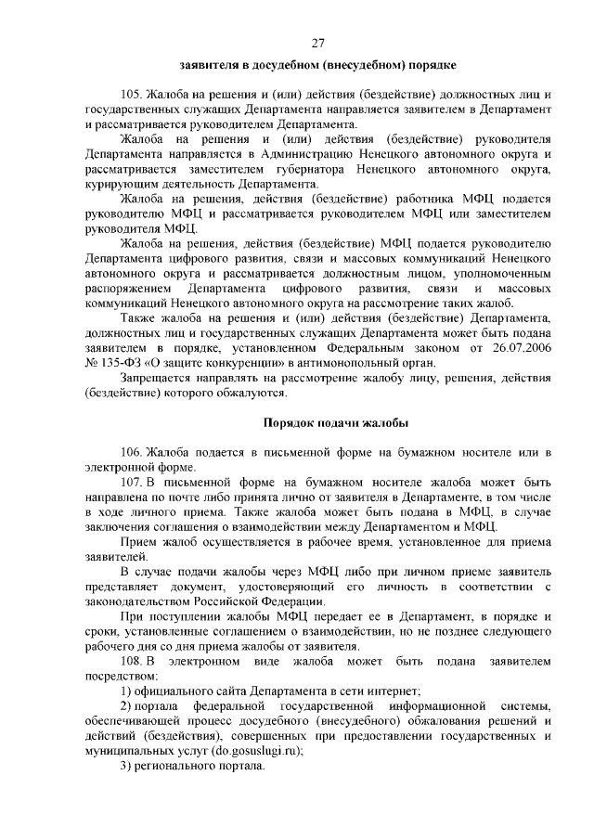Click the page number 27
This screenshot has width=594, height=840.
(x=317, y=43)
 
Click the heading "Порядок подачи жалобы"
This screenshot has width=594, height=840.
(x=335, y=422)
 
